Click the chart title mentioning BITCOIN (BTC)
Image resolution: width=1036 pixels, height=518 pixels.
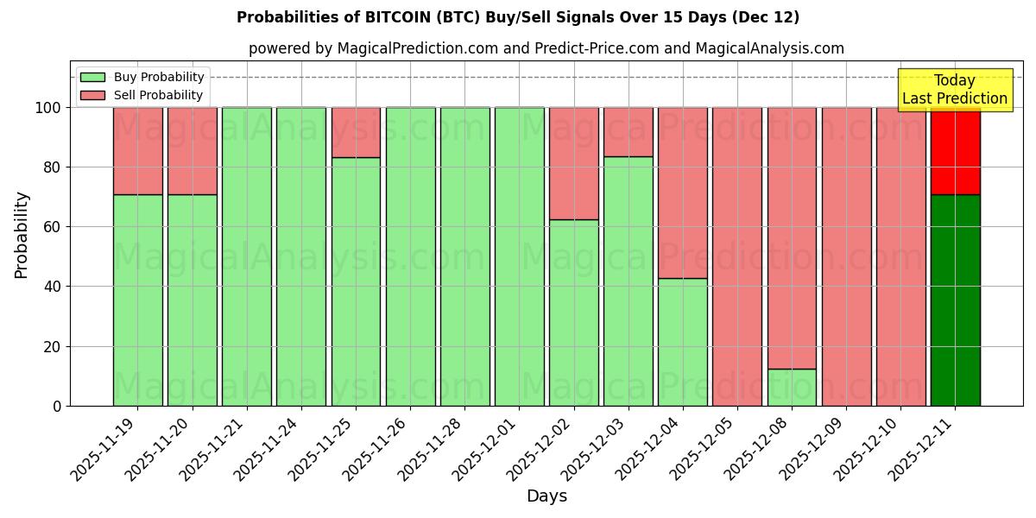point(518,17)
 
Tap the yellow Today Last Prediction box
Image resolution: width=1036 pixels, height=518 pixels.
point(954,90)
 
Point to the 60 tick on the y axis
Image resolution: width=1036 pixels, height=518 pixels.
point(54,227)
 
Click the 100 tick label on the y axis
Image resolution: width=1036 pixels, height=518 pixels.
point(47,108)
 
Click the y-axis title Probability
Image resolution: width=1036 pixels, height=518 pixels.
point(22,235)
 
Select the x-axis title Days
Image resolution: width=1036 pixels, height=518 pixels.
point(546,496)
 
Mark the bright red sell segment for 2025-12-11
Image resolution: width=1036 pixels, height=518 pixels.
point(955,151)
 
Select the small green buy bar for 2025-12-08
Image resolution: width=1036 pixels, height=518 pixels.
point(792,388)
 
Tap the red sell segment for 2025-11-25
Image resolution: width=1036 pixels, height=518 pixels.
point(356,132)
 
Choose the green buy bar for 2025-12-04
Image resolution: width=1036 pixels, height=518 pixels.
point(682,342)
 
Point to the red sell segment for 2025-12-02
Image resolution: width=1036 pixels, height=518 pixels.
point(573,163)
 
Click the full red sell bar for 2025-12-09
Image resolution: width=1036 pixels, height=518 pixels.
point(846,256)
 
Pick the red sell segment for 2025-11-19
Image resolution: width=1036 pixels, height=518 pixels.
point(137,151)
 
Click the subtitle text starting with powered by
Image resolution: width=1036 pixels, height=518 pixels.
point(546,48)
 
